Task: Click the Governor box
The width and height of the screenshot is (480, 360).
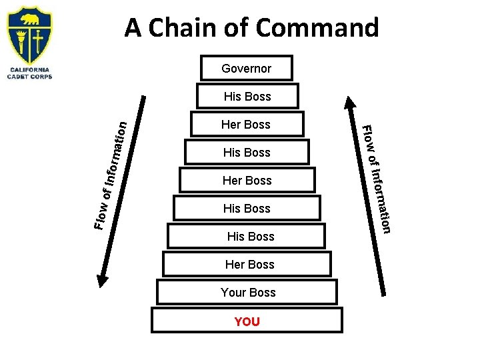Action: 247,68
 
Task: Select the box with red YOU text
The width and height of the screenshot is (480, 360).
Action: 247,321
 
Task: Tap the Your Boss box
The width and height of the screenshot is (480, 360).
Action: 247,292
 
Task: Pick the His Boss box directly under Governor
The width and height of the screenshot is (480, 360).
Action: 247,96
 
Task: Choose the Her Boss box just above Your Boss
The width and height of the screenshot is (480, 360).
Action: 249,264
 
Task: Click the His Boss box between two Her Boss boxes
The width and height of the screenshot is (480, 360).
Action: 247,152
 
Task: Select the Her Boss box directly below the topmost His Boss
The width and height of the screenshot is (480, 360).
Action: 246,124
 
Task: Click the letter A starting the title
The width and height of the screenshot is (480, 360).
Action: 133,27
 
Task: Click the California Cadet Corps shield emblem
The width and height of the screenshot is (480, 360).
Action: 29,35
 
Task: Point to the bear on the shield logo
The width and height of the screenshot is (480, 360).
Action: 29,19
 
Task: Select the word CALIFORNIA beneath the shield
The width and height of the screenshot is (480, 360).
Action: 29,69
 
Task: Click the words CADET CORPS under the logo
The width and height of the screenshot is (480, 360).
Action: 29,77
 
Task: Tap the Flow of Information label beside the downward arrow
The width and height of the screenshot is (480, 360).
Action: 111,173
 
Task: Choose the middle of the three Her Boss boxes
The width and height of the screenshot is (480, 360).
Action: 247,180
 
